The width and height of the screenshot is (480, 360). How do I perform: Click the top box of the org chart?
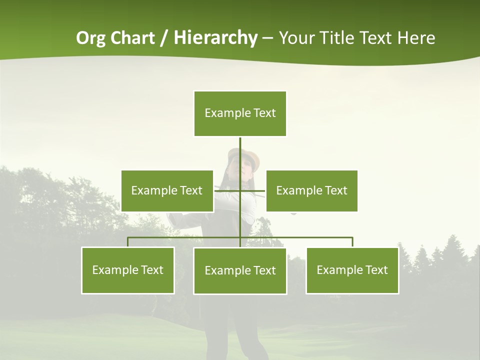240,113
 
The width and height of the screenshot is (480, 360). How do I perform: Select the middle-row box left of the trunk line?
167,190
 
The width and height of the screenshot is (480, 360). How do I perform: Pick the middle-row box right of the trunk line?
311,190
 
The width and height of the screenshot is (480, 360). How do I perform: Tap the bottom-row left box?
128,270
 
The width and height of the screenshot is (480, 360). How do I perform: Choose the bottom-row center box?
240,270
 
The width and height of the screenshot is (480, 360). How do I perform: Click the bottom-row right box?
352,270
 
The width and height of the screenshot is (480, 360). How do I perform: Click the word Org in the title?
90,38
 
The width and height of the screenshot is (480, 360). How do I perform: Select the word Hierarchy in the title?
215,38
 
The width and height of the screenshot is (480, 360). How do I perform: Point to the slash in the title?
164,38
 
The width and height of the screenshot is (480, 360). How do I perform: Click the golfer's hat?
245,156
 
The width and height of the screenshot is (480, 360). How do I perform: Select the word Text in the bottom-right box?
376,270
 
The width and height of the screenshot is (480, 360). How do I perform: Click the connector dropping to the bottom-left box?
128,242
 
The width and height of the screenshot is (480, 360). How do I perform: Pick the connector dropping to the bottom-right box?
352,242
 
